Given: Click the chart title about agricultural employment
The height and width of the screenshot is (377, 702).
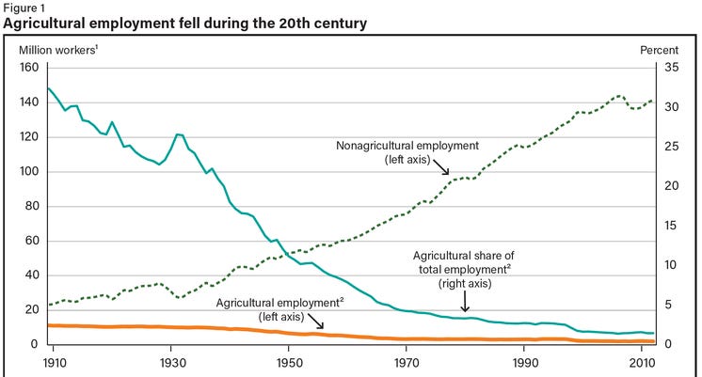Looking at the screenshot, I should pos(185,23).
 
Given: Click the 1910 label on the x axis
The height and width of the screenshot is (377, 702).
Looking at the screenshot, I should pos(53,362).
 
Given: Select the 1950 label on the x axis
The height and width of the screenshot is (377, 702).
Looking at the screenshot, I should pos(289,362).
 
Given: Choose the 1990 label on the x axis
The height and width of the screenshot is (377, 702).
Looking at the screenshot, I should pos(524,362).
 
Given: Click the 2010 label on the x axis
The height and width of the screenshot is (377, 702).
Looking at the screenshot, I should pos(642,362).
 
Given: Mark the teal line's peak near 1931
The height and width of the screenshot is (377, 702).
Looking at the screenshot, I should pos(176,134).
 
